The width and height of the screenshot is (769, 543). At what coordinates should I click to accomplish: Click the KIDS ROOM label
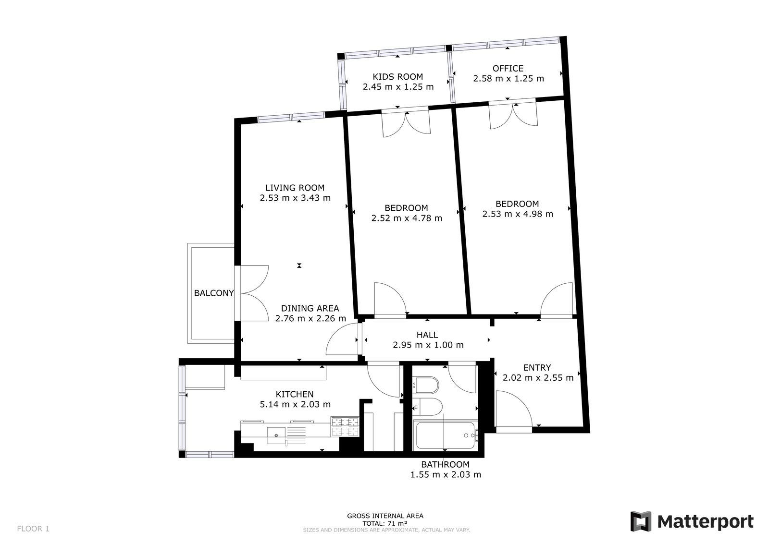tap(398, 76)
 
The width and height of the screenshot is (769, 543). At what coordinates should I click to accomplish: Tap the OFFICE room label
tap(508, 68)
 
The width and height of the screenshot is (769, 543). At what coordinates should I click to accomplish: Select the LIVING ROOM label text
tap(295, 188)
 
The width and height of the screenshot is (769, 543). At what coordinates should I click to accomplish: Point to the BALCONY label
tap(214, 293)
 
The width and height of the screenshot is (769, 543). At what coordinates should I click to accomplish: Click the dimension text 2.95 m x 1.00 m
tap(428, 345)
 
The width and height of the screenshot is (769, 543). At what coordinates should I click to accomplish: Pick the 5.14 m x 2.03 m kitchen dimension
tap(295, 404)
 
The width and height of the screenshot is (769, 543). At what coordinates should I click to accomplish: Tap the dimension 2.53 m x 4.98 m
tap(518, 214)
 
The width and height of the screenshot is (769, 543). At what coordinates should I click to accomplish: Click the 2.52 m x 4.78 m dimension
tap(407, 218)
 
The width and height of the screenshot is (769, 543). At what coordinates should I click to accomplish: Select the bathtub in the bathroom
tap(445, 435)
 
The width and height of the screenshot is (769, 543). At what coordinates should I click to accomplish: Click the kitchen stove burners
tap(345, 426)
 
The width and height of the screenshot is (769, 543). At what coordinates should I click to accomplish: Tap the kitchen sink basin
tap(276, 435)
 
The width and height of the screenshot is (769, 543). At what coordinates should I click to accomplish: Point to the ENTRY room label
tap(537, 367)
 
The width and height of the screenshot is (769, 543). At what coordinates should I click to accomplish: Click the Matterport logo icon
tap(641, 522)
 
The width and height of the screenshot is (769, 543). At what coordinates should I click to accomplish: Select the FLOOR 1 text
tap(33, 529)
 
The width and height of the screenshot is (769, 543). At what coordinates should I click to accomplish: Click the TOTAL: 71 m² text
tap(385, 523)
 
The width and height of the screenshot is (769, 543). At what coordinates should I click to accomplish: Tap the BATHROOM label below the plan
tap(445, 464)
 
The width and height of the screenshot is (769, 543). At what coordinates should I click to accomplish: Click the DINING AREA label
tap(310, 308)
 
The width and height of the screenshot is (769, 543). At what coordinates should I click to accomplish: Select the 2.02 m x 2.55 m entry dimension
tap(538, 378)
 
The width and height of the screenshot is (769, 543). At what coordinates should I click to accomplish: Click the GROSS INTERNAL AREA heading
tap(385, 516)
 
